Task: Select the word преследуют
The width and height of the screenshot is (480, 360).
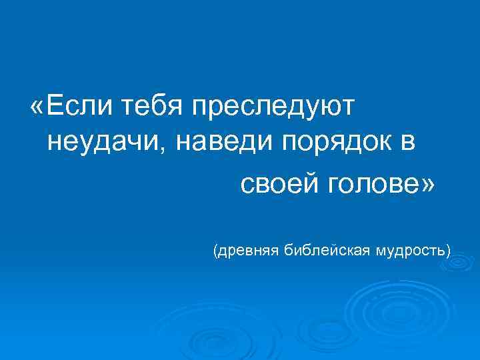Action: click(x=273, y=107)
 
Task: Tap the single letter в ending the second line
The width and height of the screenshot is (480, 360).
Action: click(x=409, y=144)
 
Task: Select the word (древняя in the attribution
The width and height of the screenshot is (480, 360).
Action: click(x=246, y=251)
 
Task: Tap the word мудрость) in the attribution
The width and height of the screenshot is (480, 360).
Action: click(x=413, y=251)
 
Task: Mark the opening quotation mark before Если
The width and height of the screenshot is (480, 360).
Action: click(x=39, y=107)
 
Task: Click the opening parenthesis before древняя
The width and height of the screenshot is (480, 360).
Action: click(x=215, y=251)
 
